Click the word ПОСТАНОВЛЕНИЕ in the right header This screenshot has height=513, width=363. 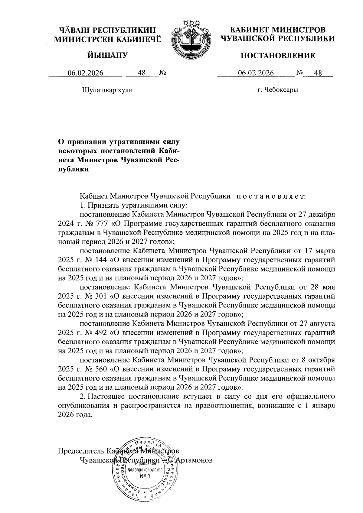[277, 56]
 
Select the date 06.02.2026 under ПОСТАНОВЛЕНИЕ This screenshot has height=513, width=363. [256, 73]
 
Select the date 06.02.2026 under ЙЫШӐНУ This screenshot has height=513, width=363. [85, 73]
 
